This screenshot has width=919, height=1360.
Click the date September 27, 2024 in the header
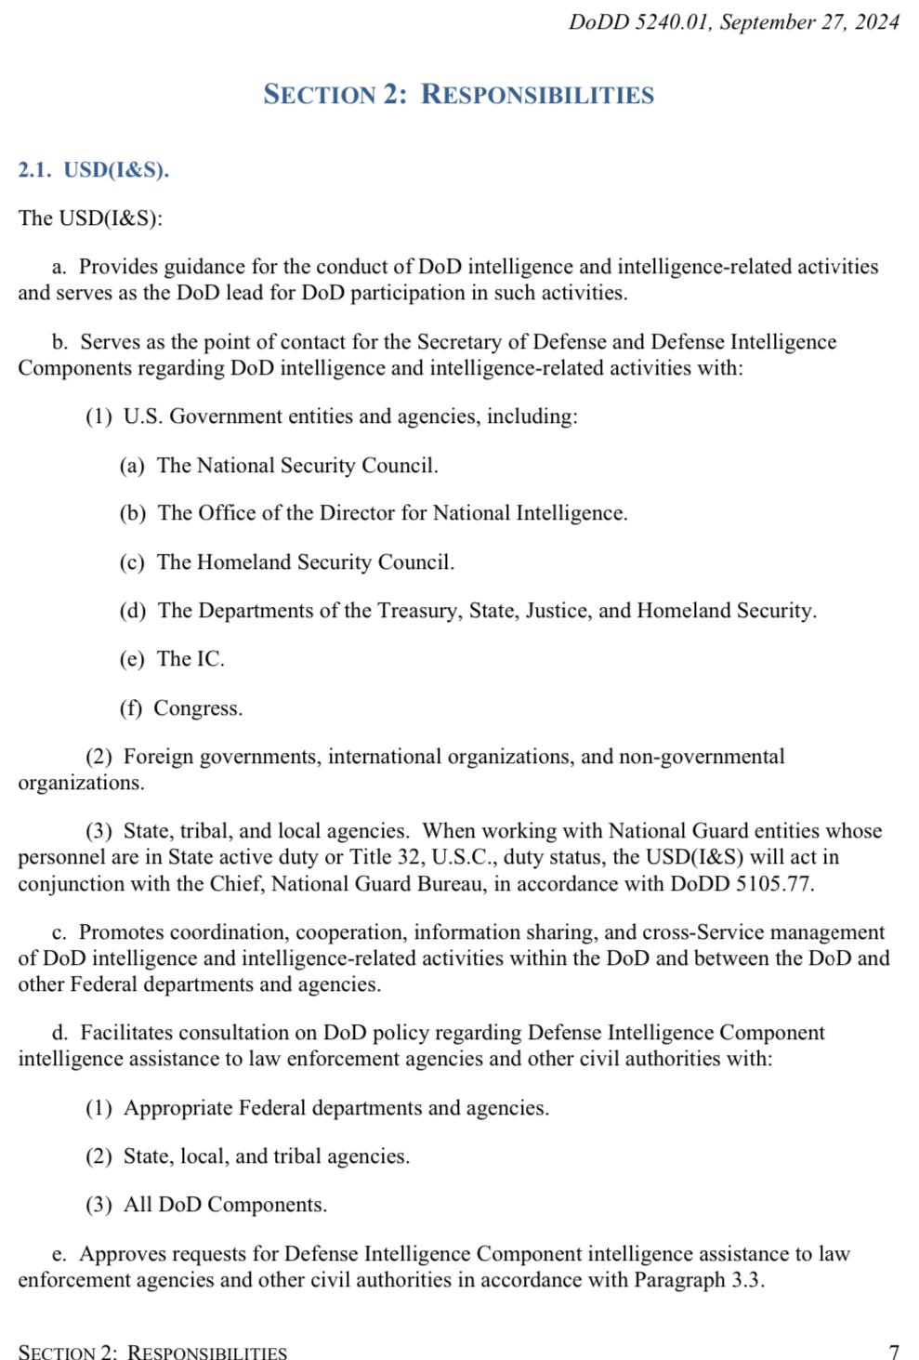pos(809,22)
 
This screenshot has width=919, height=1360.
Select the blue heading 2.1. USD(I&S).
pos(93,170)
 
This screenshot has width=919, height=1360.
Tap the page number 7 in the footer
pos(894,1351)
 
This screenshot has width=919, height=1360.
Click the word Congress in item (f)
pos(196,708)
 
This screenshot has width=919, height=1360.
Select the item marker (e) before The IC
pos(132,659)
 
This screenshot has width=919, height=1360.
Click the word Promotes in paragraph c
pos(119,932)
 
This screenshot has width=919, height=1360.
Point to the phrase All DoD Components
pos(225,1205)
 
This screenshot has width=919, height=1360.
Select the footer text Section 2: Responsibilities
pos(152,1351)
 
